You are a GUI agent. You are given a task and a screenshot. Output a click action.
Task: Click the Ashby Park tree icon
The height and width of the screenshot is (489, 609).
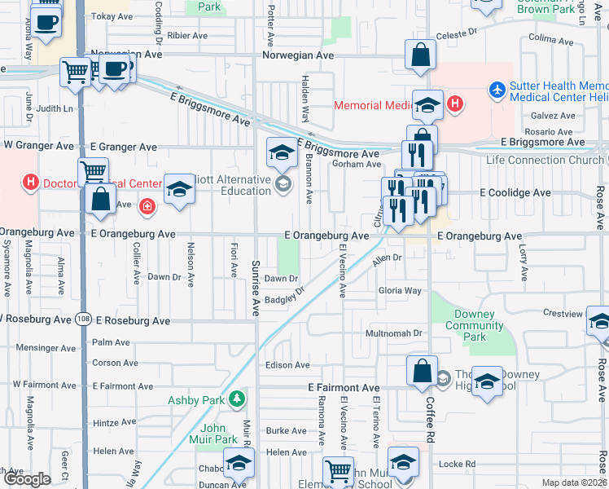(x=236, y=399)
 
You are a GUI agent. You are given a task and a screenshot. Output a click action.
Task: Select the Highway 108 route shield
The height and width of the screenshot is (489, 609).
(x=87, y=320)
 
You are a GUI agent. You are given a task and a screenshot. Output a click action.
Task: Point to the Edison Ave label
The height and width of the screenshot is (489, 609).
(x=287, y=365)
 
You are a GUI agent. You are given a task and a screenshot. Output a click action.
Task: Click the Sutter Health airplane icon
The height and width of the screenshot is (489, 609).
(x=497, y=86)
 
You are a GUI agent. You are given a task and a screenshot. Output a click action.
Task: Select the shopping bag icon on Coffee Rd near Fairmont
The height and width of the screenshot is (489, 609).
(x=423, y=372)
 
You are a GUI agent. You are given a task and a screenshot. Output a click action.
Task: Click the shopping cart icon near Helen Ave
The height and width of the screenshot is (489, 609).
(x=338, y=470)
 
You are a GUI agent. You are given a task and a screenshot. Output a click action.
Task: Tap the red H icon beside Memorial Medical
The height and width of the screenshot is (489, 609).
(x=455, y=104)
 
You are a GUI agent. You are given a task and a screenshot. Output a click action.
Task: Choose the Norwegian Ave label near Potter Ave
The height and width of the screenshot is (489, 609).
(x=298, y=55)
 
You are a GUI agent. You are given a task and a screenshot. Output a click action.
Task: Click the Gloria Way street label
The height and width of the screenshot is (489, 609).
(x=400, y=291)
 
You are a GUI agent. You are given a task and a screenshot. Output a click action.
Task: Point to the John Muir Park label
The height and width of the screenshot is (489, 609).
(x=219, y=433)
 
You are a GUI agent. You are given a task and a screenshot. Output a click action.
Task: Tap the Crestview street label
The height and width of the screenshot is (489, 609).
(x=563, y=313)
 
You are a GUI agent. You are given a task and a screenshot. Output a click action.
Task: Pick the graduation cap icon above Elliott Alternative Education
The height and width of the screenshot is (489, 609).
(x=282, y=152)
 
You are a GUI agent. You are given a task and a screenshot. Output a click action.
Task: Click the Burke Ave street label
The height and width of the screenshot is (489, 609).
(x=287, y=431)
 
